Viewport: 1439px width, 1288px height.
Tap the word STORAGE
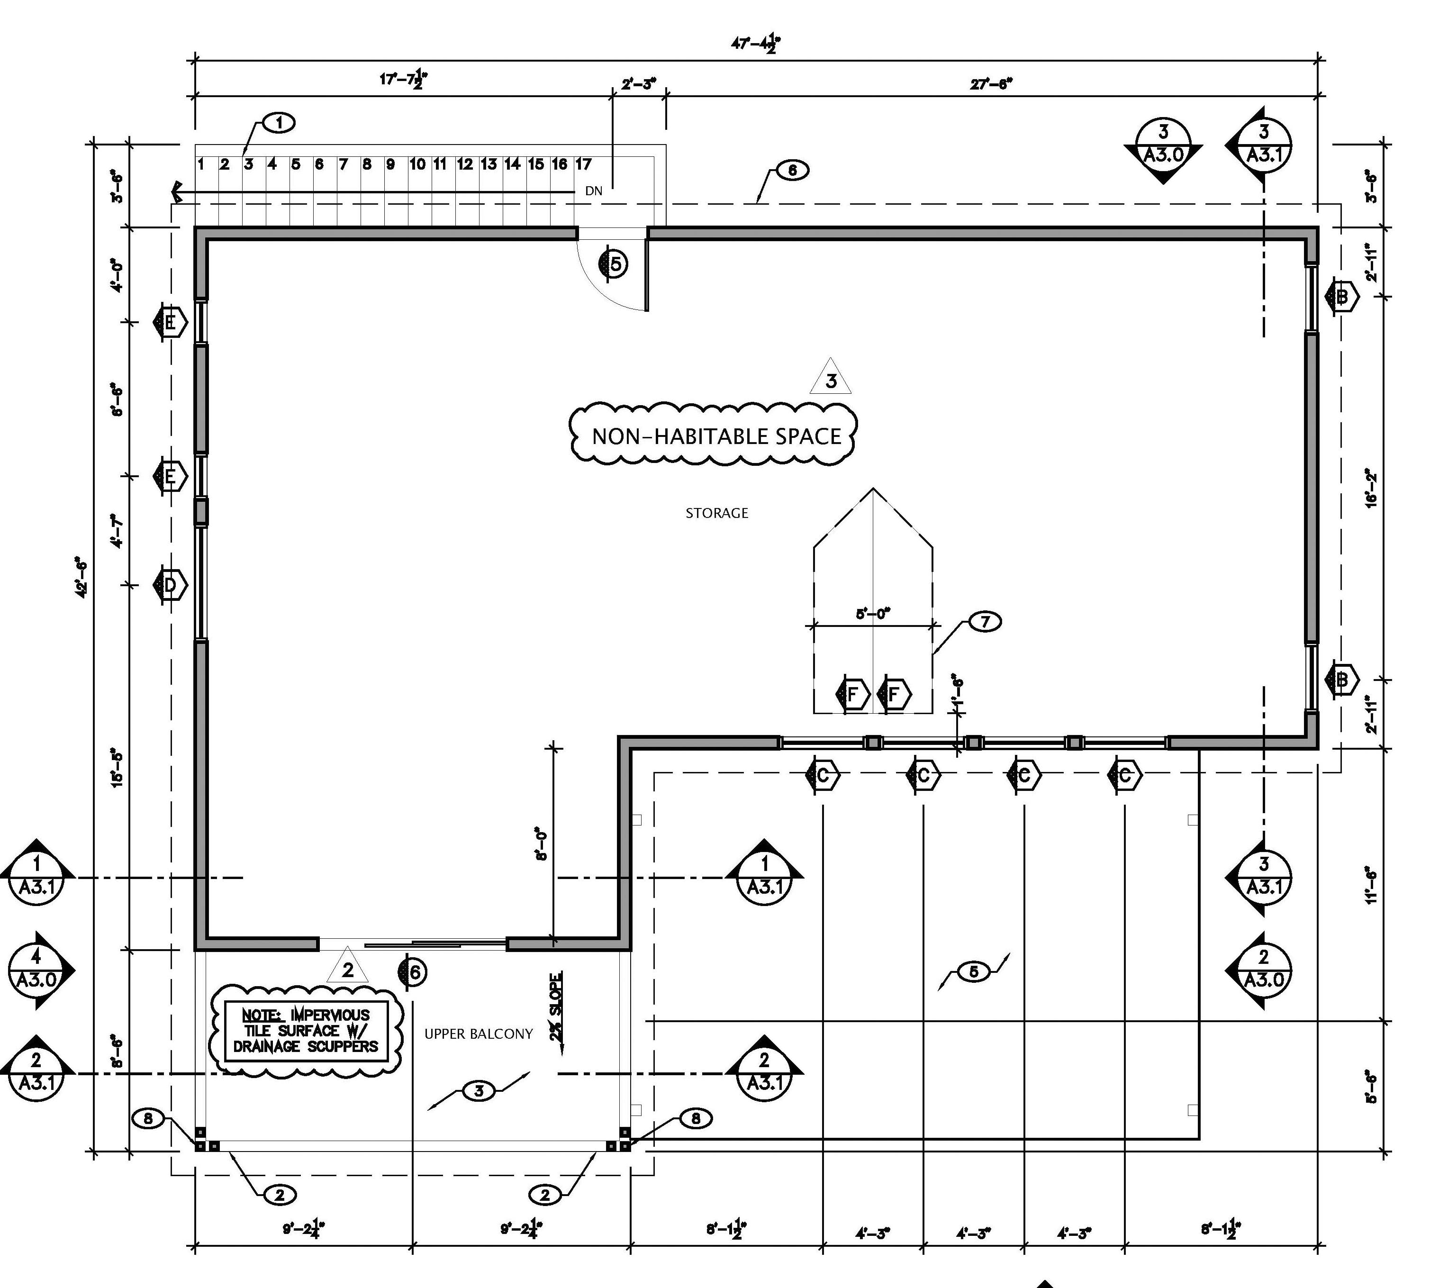coord(717,513)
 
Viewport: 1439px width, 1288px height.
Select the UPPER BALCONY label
coord(478,1034)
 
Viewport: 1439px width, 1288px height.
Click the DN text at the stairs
coord(594,191)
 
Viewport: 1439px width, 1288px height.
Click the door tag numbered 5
coord(615,264)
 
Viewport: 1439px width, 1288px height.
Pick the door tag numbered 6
coord(414,972)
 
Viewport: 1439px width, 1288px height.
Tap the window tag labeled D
coord(170,585)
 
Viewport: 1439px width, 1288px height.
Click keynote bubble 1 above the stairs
coord(280,123)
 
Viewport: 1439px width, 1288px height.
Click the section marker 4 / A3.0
coord(37,970)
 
